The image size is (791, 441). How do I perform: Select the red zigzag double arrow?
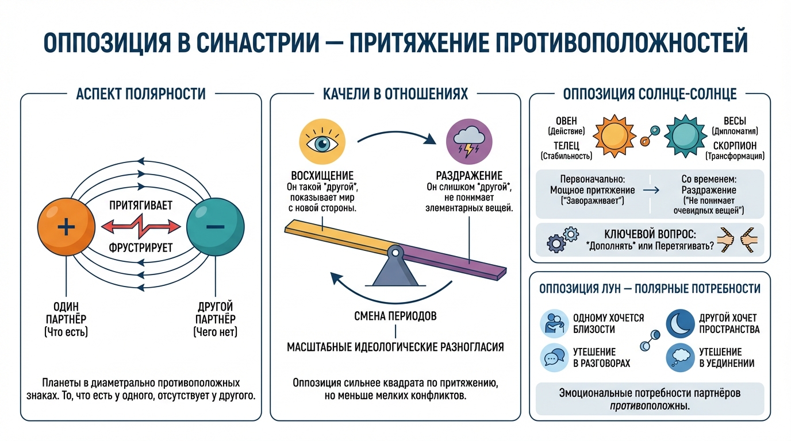point(141,227)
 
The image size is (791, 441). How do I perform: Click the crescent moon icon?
point(680,324)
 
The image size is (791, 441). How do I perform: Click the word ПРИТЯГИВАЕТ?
point(141,205)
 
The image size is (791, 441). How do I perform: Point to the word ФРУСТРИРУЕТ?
point(141,249)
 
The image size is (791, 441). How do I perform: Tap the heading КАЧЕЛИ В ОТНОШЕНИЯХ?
point(395,94)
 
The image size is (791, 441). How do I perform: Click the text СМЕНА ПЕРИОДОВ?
point(395,316)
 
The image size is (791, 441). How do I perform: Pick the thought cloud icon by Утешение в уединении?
point(680,357)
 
